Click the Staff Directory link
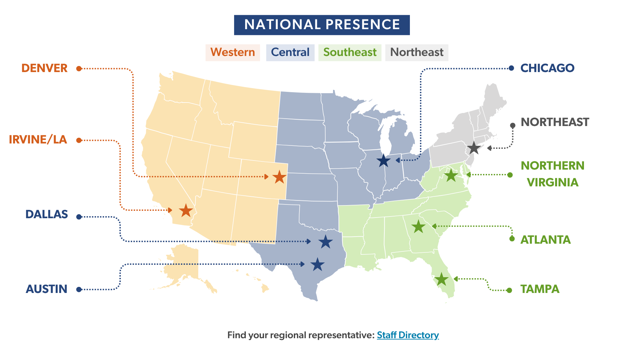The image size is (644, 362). [408, 335]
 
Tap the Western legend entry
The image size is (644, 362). [232, 52]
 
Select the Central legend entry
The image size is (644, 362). [290, 52]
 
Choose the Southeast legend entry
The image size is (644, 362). [350, 52]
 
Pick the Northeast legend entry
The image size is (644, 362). [417, 52]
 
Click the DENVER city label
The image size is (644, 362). [45, 68]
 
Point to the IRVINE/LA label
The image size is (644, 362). [38, 140]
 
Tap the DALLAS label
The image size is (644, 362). [47, 215]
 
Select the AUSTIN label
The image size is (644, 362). [47, 289]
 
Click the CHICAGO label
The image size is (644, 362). [547, 68]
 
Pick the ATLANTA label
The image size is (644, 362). [545, 240]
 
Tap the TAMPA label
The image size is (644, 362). [540, 289]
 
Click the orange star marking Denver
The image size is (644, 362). [279, 177]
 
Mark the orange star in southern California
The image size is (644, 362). [186, 211]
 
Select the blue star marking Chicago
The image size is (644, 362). [384, 161]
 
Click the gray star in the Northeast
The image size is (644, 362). [474, 148]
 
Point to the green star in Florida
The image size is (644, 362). [441, 279]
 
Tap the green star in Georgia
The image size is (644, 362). [418, 227]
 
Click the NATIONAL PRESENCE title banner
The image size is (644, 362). [322, 25]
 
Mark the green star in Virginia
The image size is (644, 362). [451, 175]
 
